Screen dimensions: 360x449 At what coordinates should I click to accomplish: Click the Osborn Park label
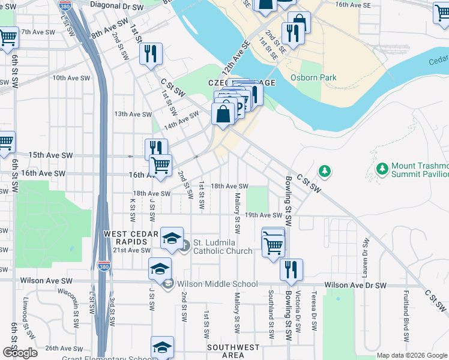pos(313,77)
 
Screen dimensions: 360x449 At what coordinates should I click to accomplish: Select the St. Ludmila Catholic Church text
pos(222,246)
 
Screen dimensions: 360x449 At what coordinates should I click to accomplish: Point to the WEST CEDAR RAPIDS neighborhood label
pos(131,238)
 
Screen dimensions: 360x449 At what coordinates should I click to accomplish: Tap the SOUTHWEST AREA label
pos(234,352)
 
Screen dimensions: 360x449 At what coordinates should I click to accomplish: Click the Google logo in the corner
pos(20,353)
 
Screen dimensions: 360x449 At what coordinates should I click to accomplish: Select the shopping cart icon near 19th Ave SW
pos(273,244)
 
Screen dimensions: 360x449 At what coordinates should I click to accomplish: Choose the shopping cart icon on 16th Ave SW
pos(160,164)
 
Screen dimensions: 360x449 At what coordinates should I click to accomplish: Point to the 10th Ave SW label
pos(71,78)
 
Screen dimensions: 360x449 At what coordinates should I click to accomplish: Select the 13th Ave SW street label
pos(133,114)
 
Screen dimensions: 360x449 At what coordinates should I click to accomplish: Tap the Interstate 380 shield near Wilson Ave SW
pos(104,268)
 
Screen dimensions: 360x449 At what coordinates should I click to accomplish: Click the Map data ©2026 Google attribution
pos(412,355)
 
